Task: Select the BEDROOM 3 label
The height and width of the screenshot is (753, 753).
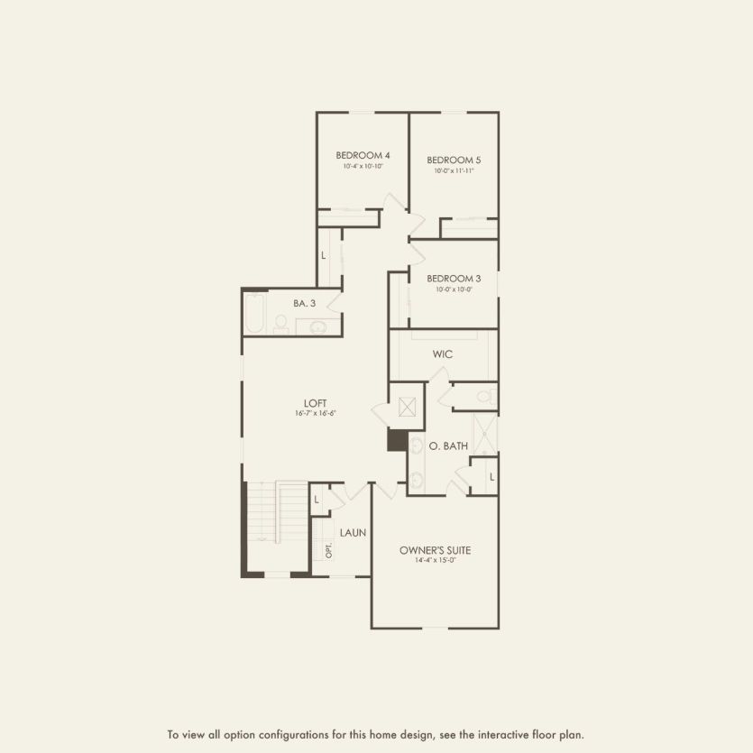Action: tap(454, 279)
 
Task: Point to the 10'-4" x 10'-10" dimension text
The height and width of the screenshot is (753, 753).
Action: tap(363, 166)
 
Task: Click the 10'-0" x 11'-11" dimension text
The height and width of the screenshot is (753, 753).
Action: tap(454, 170)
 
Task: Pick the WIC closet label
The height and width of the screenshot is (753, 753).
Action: tap(442, 354)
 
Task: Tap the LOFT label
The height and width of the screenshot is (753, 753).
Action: tap(315, 403)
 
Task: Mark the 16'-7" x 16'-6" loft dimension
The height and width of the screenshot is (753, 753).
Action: tap(315, 413)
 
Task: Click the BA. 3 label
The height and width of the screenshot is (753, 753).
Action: tap(304, 303)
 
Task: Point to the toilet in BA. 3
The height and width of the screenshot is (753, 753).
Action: tap(280, 324)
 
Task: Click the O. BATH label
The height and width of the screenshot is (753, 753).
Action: tap(448, 445)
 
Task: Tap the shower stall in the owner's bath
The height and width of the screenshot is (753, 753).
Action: tap(485, 436)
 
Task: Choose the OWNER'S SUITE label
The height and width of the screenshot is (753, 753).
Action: tap(436, 550)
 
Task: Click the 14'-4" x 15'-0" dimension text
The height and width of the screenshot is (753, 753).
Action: tap(436, 561)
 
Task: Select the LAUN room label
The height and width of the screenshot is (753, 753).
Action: tap(353, 533)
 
